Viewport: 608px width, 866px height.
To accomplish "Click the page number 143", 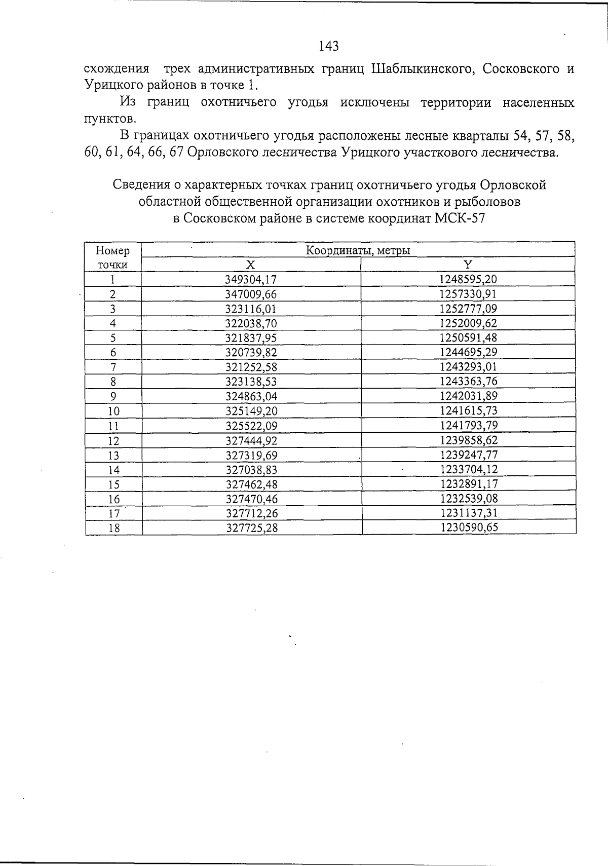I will [329, 46].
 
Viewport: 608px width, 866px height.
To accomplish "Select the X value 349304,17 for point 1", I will [251, 279].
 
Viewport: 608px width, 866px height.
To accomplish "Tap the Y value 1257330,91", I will [468, 294].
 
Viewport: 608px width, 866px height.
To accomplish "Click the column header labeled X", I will [250, 265].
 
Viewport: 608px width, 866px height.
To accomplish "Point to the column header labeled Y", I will [468, 265].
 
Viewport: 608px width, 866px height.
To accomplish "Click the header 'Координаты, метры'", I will [358, 250].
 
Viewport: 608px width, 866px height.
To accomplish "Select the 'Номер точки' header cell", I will [112, 257].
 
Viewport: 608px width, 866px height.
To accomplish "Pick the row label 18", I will [115, 528].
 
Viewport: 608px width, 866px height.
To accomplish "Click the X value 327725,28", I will [252, 528].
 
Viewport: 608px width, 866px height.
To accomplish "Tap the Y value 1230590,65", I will [469, 528].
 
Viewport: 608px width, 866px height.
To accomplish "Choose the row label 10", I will [113, 411].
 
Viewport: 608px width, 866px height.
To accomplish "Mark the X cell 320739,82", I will [251, 353].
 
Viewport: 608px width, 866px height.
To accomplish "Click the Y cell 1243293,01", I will [469, 367].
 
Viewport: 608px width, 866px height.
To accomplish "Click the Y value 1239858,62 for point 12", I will [469, 440].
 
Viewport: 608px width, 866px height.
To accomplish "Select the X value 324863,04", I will [251, 396].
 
